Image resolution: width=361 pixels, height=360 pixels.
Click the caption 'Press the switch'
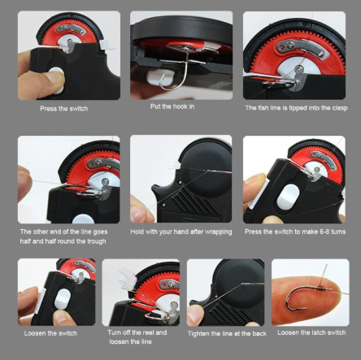tap(64, 109)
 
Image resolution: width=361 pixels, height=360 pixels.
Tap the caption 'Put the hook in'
tap(172, 106)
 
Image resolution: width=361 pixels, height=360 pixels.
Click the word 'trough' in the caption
tap(97, 241)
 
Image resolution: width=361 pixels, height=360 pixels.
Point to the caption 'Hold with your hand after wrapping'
tap(181, 232)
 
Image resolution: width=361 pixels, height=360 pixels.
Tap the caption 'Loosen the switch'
tap(50, 333)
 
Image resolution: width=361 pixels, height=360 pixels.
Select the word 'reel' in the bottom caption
tap(149, 332)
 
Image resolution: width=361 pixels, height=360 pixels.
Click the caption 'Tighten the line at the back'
tap(227, 333)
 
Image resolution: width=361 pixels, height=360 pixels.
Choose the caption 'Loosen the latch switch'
tap(311, 332)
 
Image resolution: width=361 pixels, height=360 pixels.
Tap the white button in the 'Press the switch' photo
tap(57, 80)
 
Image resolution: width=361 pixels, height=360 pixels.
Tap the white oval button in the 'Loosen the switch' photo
tap(63, 299)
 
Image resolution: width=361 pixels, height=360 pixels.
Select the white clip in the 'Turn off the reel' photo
tap(128, 279)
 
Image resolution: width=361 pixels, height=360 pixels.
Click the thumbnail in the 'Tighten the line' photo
tap(194, 314)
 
